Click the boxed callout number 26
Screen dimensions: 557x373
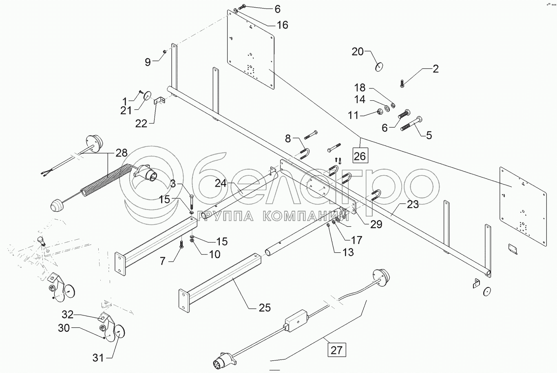tap(360, 156)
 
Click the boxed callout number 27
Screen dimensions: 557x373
tap(337, 350)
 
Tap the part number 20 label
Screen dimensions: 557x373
tap(358, 52)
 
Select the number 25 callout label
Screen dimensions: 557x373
tap(265, 308)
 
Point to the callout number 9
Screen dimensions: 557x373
tap(148, 62)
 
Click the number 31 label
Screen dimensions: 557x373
tap(98, 358)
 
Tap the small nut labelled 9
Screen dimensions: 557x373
tap(165, 51)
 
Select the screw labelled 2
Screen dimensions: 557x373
tap(402, 83)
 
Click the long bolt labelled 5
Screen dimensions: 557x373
tap(411, 124)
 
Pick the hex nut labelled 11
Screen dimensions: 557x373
tap(380, 112)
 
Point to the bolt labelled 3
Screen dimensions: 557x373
tap(192, 202)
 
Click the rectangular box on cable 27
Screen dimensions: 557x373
tap(296, 320)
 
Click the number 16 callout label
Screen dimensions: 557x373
tap(283, 25)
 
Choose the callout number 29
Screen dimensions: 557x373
tap(376, 224)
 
